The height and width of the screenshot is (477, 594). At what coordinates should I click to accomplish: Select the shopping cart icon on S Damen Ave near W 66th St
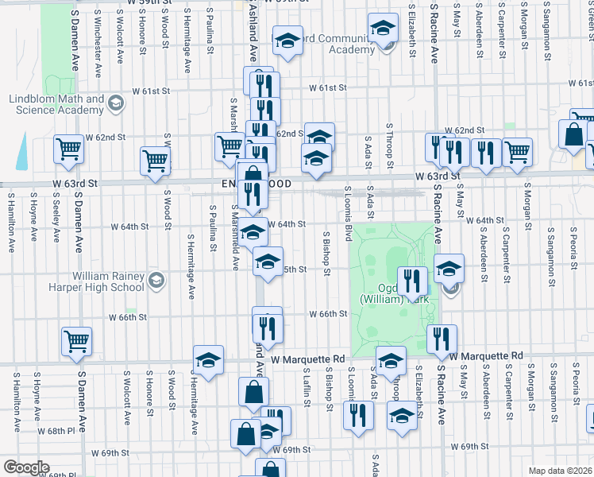click(76, 341)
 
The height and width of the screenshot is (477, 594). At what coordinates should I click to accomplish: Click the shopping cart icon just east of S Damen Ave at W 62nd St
click(69, 148)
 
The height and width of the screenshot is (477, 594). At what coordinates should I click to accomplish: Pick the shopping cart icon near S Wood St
click(155, 160)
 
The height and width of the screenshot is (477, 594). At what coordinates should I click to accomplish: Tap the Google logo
click(26, 467)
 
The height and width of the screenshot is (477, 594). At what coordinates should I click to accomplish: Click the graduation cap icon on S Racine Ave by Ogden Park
click(449, 268)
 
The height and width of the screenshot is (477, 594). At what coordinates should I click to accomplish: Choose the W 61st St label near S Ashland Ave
click(329, 87)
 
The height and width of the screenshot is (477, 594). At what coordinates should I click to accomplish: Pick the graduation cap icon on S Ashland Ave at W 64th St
click(253, 232)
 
